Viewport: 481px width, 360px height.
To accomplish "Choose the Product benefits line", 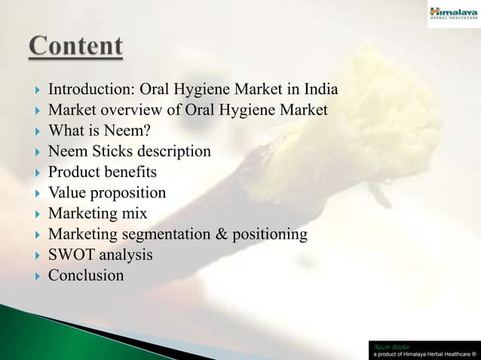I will tap(103, 172).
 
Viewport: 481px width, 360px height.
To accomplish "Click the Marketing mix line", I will tap(98, 214).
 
